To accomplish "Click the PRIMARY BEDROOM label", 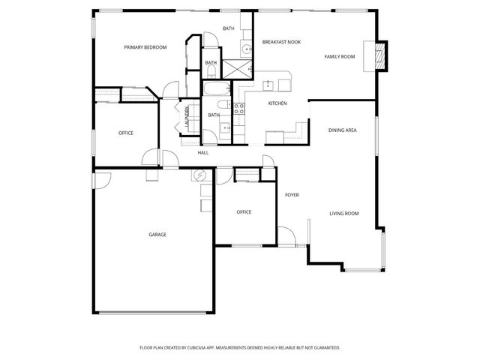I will click(145, 47).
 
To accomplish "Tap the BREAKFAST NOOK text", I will click(281, 42).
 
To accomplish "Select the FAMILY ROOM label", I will click(339, 56).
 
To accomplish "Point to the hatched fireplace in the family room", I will click(379, 55).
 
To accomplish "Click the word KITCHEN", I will click(277, 103).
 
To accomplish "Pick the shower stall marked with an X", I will click(240, 69).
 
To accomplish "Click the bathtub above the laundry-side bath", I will click(216, 89).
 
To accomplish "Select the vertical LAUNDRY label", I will click(186, 118).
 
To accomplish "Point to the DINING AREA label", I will click(342, 130).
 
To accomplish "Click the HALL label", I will click(202, 153).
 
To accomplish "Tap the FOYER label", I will click(292, 195).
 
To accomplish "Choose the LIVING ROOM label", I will click(344, 214).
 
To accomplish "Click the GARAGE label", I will click(157, 235).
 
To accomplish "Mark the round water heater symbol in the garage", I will click(199, 175).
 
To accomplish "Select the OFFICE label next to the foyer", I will click(244, 212).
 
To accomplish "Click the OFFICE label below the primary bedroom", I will click(126, 133).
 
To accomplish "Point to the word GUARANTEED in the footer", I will click(325, 348).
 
